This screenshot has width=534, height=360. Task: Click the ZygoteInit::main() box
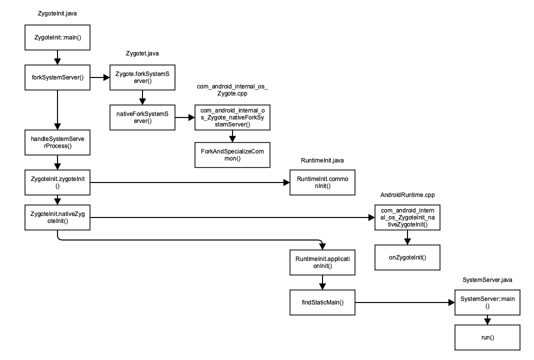pyautogui.click(x=57, y=37)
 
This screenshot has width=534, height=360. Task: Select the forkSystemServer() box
pyautogui.click(x=57, y=77)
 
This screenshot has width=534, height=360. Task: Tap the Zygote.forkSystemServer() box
pyautogui.click(x=142, y=77)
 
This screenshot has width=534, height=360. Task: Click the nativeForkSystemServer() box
pyautogui.click(x=142, y=117)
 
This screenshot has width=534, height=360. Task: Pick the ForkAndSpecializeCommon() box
pyautogui.click(x=232, y=154)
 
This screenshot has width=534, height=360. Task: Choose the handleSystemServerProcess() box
pyautogui.click(x=57, y=142)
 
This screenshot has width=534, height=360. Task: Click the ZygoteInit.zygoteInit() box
pyautogui.click(x=57, y=182)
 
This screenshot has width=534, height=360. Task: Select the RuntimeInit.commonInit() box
pyautogui.click(x=322, y=182)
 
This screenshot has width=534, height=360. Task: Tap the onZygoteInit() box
pyautogui.click(x=407, y=257)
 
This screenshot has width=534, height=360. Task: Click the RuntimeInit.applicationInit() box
pyautogui.click(x=322, y=262)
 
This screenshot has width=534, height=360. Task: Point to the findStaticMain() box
pyautogui.click(x=322, y=302)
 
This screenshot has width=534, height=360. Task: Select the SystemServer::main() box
pyautogui.click(x=487, y=302)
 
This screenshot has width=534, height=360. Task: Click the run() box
pyautogui.click(x=487, y=337)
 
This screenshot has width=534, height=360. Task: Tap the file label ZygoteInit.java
pyautogui.click(x=57, y=13)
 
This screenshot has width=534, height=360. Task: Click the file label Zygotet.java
pyautogui.click(x=142, y=53)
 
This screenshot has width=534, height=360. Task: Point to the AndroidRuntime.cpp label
pyautogui.click(x=407, y=194)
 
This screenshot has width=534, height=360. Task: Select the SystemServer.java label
pyautogui.click(x=487, y=280)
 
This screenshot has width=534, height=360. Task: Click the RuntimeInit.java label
pyautogui.click(x=322, y=160)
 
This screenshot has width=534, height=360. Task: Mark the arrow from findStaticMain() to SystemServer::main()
pyautogui.click(x=405, y=302)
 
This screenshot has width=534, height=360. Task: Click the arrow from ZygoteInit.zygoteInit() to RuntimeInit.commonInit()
pyautogui.click(x=190, y=182)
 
